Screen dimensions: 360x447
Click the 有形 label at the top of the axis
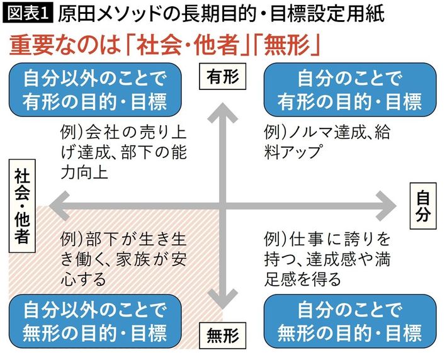coord(223,77)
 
